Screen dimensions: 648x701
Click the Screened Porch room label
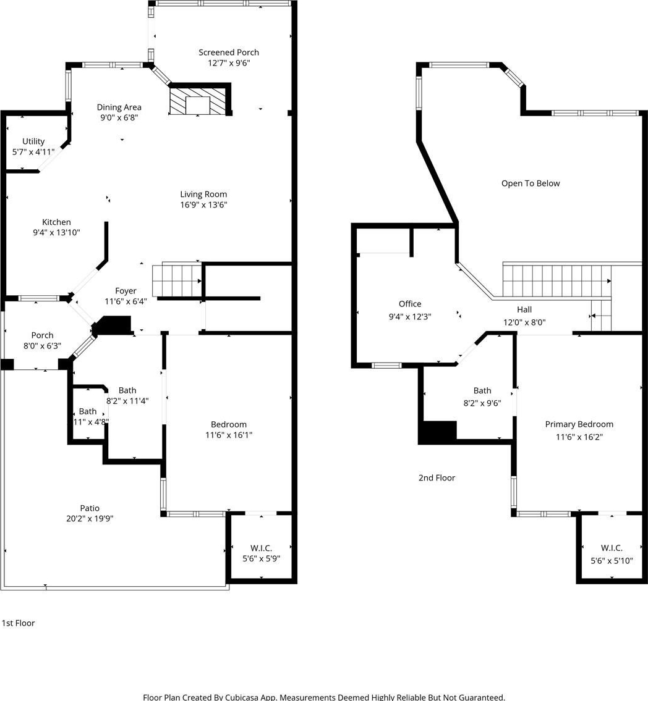tap(229, 52)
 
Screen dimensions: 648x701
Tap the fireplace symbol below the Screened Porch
tap(197, 101)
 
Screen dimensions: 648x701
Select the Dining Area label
tap(119, 107)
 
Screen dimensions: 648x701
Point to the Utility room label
tap(33, 141)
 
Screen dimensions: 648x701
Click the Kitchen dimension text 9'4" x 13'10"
tap(56, 232)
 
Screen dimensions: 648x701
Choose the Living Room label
tap(203, 194)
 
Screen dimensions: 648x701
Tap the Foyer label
tap(126, 291)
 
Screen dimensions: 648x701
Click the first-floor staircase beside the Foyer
tap(177, 281)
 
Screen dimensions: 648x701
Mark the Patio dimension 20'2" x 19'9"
tap(90, 519)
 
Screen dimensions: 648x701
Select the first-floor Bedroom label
tap(229, 424)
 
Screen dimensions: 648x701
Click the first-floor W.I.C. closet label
tap(262, 548)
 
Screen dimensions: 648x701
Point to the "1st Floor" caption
tap(19, 623)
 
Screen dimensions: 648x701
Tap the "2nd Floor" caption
tap(437, 478)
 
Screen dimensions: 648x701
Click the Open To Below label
tap(531, 183)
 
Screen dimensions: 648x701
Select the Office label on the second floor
tap(410, 304)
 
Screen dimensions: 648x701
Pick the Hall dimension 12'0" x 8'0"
tap(524, 322)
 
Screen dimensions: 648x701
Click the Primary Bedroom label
tap(579, 424)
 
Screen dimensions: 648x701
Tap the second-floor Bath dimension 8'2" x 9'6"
tap(482, 403)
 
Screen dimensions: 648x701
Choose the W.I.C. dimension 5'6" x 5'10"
tap(612, 561)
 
